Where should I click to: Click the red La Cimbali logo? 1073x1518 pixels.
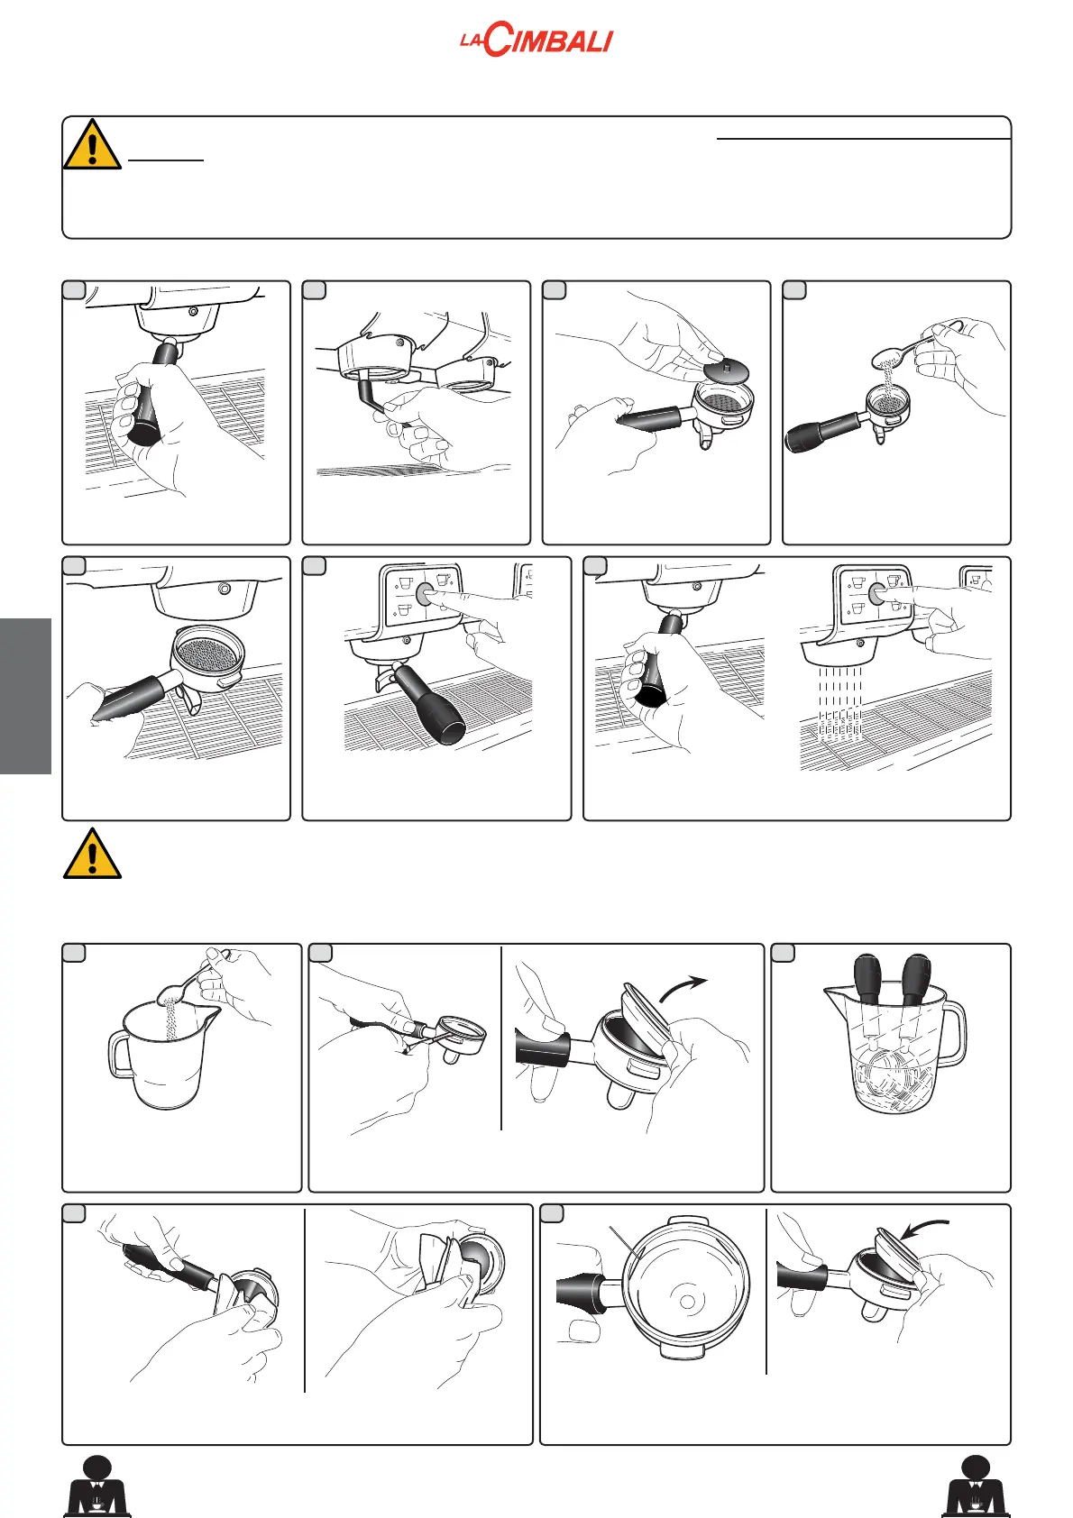point(536,40)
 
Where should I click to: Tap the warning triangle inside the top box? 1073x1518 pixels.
point(92,144)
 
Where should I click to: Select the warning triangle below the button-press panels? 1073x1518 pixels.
point(92,853)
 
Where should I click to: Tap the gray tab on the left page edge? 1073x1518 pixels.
point(26,696)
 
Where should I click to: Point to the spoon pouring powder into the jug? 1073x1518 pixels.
point(193,976)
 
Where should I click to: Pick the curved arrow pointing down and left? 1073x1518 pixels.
point(924,1226)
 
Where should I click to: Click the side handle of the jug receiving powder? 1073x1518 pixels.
point(120,1055)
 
